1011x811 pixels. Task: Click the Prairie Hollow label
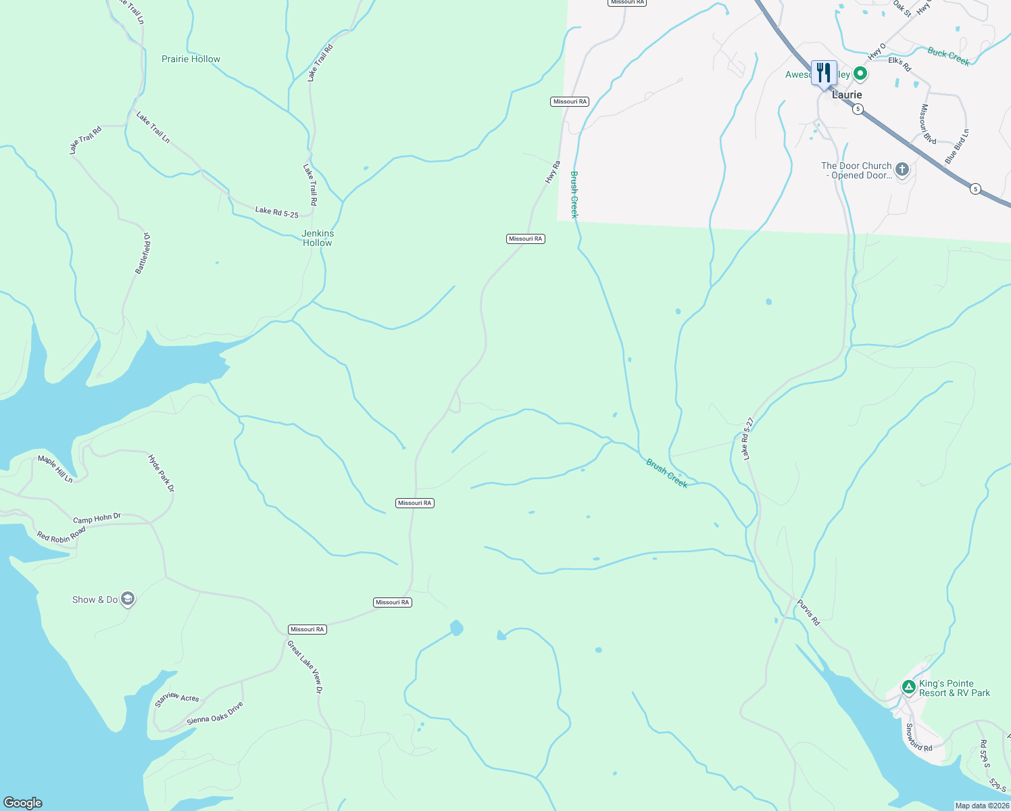tap(191, 59)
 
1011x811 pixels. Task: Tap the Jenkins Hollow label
tap(318, 238)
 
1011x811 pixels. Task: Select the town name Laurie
tap(847, 95)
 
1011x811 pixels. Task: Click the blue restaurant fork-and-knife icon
tap(824, 72)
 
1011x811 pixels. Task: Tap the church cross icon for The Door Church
tap(902, 169)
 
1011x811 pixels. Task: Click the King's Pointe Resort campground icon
tap(909, 687)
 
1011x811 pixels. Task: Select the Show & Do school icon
tap(128, 599)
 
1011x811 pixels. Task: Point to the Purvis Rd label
tap(808, 612)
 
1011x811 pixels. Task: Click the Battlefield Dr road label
tap(143, 253)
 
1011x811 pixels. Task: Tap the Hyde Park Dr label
tap(162, 473)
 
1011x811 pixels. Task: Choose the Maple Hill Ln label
tap(55, 469)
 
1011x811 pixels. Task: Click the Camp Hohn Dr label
tap(97, 518)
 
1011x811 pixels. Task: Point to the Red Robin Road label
tap(61, 534)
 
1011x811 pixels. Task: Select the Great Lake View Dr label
tap(305, 667)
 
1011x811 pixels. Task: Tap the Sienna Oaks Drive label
tap(215, 714)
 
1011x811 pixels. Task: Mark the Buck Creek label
tap(948, 57)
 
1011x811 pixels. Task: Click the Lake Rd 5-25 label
tap(276, 212)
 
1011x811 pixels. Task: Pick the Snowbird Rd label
tap(918, 737)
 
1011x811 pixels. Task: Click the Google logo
tap(23, 803)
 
